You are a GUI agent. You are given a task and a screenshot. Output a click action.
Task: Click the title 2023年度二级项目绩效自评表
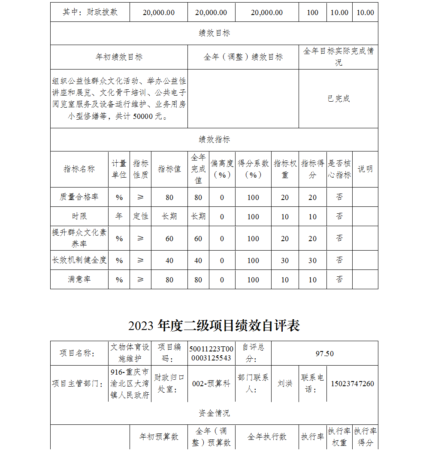coord(214,326)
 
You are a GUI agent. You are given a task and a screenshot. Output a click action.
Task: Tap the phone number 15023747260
coord(352,384)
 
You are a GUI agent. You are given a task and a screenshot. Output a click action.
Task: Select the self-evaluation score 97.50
coord(324,354)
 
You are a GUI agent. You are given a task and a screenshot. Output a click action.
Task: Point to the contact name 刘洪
coord(285,384)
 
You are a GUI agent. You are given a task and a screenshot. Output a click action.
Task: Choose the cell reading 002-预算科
coord(211,384)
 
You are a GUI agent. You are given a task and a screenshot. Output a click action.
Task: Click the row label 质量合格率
coord(79,197)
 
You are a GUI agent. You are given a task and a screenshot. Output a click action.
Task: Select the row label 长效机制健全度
coord(79,260)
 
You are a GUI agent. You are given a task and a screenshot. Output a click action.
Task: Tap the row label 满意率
coord(79,279)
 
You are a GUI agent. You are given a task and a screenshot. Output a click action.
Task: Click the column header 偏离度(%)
coord(222,169)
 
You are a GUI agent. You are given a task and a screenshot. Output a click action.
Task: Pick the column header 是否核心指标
coord(339,169)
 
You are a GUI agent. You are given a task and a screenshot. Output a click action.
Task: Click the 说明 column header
coord(365,169)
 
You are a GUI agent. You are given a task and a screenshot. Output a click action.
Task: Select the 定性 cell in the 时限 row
coord(140,216)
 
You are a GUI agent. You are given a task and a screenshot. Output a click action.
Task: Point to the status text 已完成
coord(338,99)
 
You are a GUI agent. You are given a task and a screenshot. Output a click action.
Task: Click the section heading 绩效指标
coord(214,139)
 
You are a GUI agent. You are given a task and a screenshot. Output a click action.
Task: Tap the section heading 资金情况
coord(214,413)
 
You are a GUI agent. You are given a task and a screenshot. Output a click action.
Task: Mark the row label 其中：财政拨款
coord(90,12)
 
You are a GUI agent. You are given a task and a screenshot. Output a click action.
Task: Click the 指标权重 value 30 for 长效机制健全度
coord(285,260)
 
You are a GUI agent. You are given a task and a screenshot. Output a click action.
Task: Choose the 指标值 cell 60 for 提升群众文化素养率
coord(169,239)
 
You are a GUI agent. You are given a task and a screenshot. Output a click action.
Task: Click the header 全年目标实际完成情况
coord(338,57)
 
